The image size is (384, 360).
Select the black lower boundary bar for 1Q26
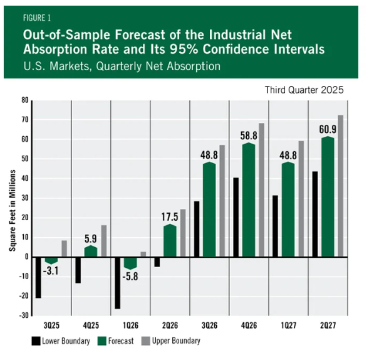pyautogui.click(x=117, y=282)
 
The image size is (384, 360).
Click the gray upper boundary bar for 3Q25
pyautogui.click(x=64, y=248)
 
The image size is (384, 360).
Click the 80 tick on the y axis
pyautogui.click(x=25, y=100)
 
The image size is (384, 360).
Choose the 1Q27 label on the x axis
pyautogui.click(x=288, y=326)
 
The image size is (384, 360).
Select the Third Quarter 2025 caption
pyautogui.click(x=304, y=90)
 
